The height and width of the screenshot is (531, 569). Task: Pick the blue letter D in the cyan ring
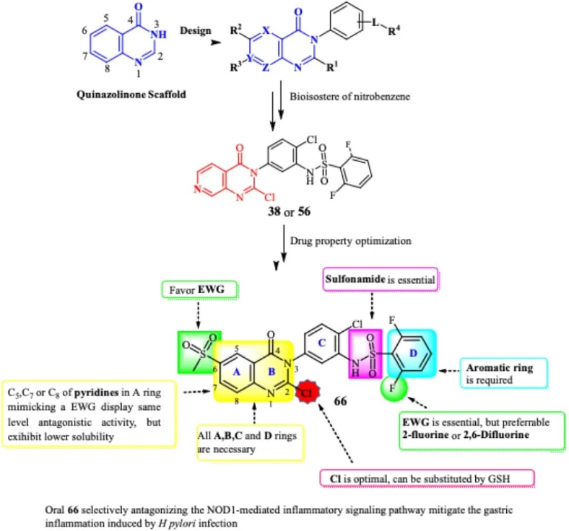[x=413, y=351]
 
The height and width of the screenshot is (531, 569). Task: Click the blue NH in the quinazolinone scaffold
[x=160, y=34]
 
